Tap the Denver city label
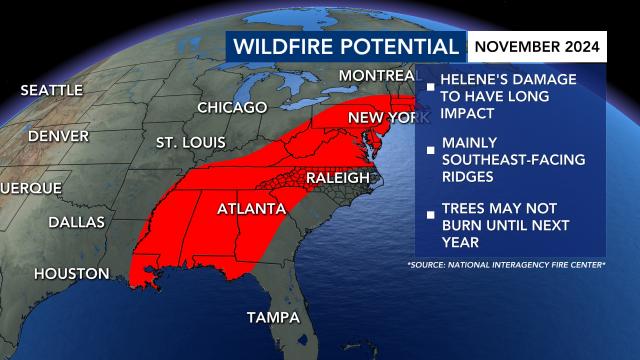[x=59, y=135]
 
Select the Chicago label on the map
[x=232, y=107]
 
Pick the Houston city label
[x=71, y=273]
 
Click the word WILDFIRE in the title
[x=283, y=46]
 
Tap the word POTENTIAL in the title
[x=399, y=46]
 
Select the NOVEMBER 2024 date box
[x=537, y=46]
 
